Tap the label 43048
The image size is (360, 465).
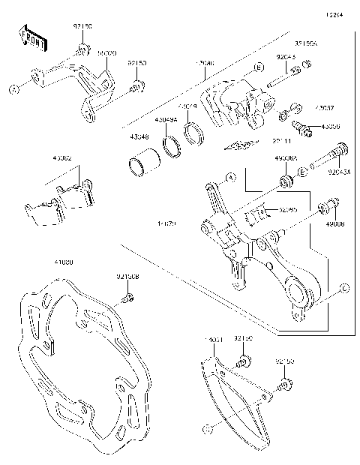pos(139,136)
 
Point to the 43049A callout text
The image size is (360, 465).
pos(166,119)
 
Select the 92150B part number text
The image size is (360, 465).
pos(127,277)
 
